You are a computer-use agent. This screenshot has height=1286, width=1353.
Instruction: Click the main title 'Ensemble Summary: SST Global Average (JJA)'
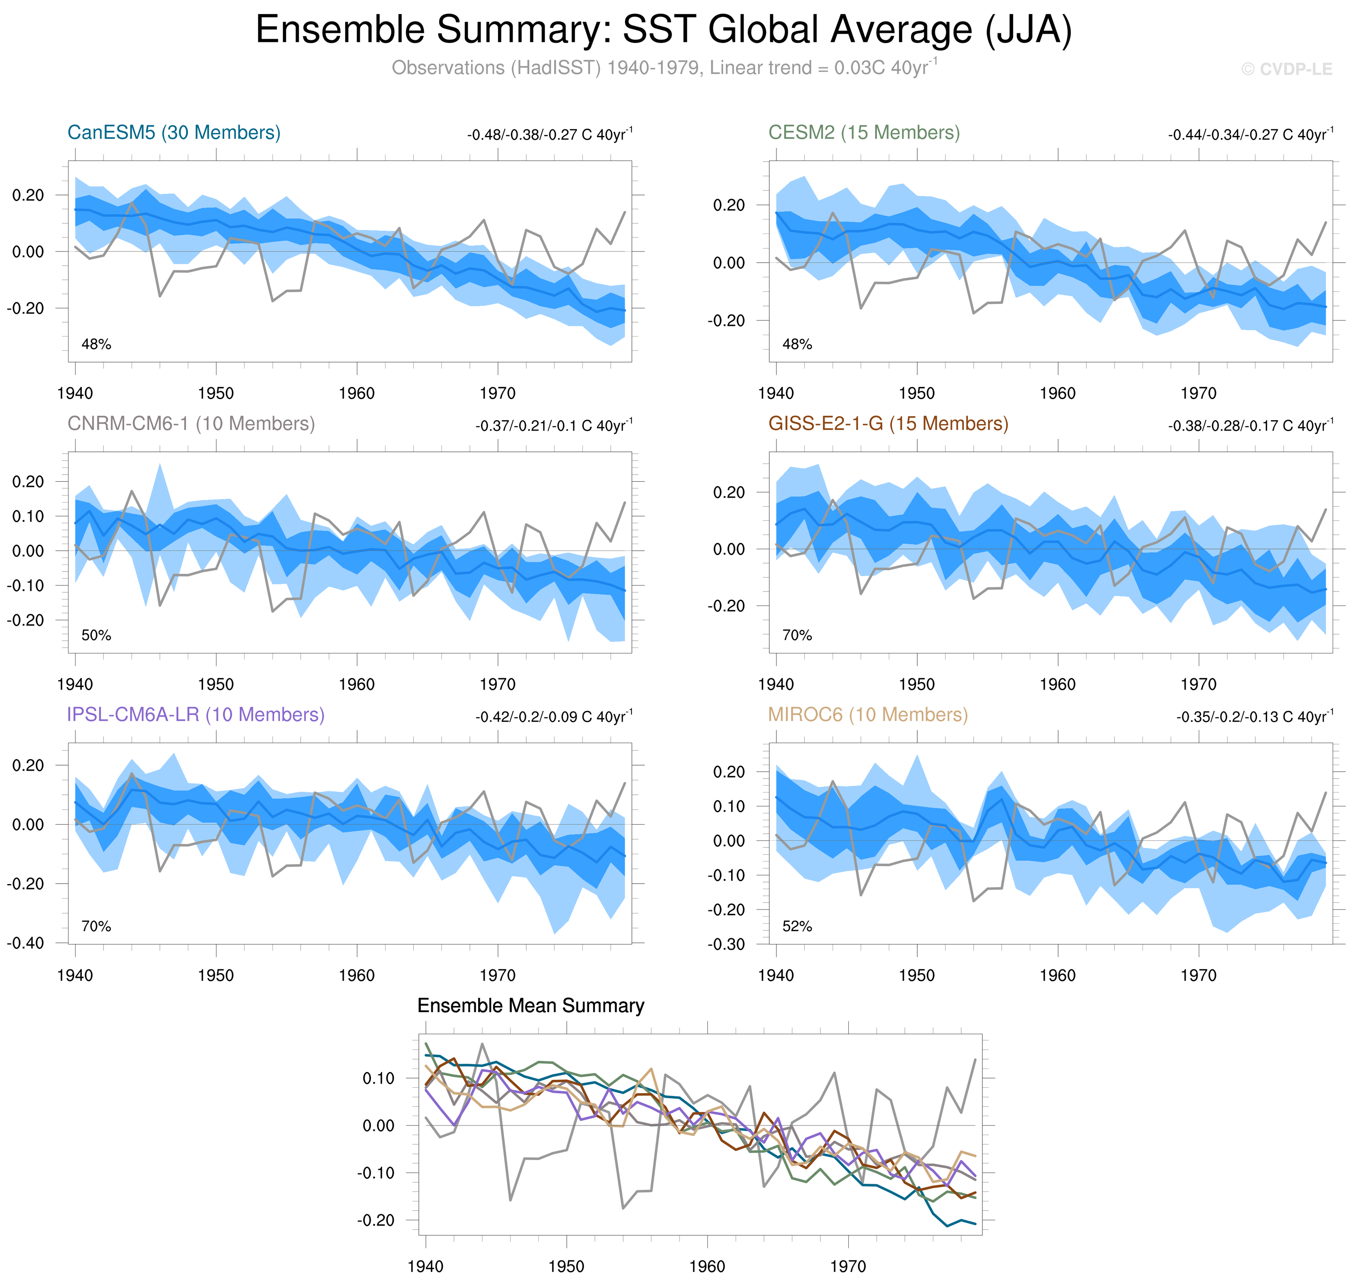[663, 30]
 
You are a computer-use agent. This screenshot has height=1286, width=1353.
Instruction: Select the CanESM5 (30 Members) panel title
[174, 132]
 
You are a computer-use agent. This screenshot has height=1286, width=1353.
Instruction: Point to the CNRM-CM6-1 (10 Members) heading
[191, 424]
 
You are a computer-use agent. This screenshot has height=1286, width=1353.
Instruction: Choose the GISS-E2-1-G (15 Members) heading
[888, 424]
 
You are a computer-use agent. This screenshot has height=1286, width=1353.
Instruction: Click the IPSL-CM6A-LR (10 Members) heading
[195, 714]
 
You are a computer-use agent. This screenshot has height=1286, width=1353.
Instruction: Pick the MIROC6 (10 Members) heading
[867, 714]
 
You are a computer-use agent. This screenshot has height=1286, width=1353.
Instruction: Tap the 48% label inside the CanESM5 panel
[96, 344]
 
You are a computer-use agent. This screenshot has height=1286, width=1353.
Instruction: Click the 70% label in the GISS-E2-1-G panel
[797, 636]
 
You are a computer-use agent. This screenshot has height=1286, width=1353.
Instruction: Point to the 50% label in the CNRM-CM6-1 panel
[96, 636]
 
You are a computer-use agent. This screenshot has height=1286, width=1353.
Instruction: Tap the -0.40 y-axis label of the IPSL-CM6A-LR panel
[25, 943]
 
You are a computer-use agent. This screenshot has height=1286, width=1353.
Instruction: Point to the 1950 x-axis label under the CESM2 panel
[917, 394]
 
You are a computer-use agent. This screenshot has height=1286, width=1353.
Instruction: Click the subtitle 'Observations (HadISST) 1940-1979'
[663, 68]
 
